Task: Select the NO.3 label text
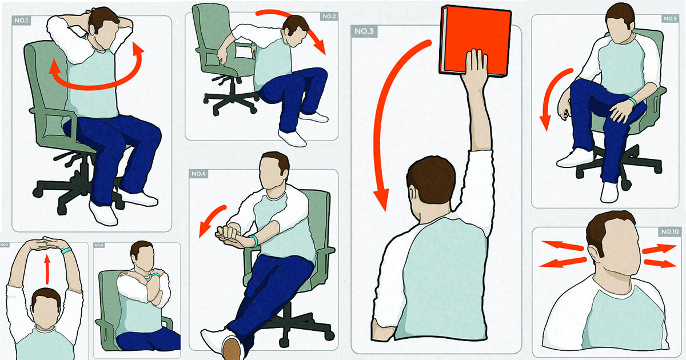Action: click(364, 30)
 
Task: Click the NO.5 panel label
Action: click(669, 19)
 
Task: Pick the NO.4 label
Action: click(199, 173)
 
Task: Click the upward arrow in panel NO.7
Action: click(47, 269)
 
